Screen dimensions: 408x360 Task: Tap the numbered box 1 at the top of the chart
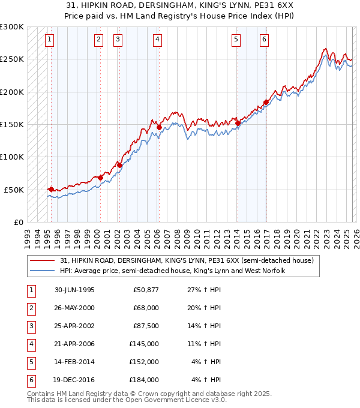point(49,40)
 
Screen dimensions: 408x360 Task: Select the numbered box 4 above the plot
point(157,40)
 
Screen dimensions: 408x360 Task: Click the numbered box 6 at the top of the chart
point(264,40)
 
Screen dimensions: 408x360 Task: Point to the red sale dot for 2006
point(159,127)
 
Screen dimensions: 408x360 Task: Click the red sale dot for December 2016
point(265,102)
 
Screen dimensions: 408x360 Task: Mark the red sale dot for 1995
point(51,189)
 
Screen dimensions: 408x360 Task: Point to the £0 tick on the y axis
point(17,222)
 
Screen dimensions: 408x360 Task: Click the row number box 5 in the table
point(30,362)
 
